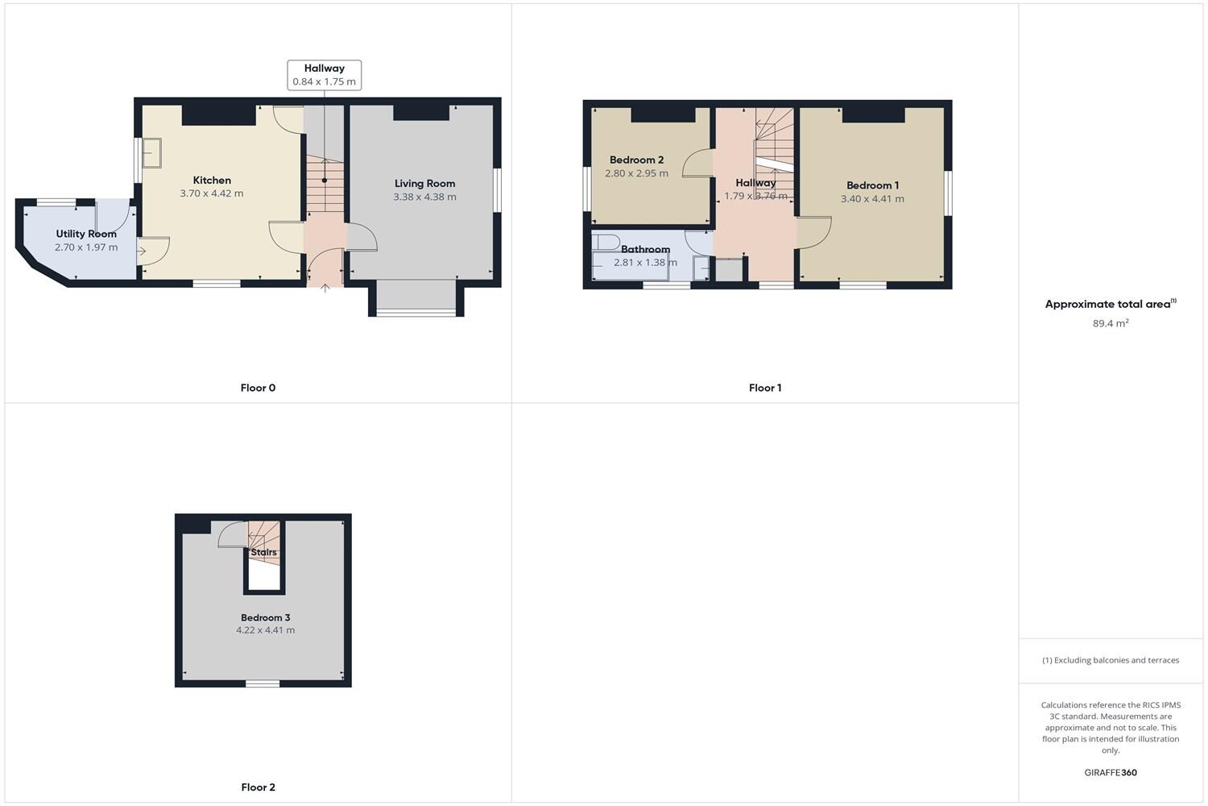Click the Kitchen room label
[212, 181]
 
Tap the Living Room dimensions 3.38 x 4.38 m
[424, 197]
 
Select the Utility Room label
[86, 234]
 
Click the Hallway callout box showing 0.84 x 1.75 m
[324, 75]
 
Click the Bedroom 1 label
[872, 185]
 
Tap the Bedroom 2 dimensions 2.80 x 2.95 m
[636, 173]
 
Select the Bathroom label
[645, 249]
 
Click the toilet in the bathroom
[606, 241]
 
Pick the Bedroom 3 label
[265, 617]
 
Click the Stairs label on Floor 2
[263, 552]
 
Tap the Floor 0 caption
[258, 388]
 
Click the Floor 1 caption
[764, 388]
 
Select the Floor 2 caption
[258, 787]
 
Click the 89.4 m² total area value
[1110, 323]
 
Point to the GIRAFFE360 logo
[1111, 772]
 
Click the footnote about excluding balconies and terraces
[1111, 660]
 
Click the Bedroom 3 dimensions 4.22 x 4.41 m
[265, 630]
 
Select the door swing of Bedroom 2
[698, 164]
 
